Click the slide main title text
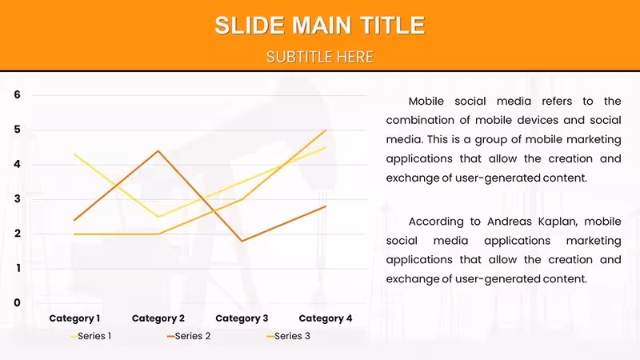coord(320,26)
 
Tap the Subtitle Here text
coord(320,57)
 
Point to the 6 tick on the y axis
coord(17,94)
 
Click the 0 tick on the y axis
coord(17,303)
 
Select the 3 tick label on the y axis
coord(17,198)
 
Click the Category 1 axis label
coord(74,318)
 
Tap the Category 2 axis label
coord(158,318)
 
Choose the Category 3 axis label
coord(242,318)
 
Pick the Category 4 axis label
coord(326,318)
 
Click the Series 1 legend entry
coord(90,336)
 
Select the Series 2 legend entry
coord(189,336)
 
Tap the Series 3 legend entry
coord(288,336)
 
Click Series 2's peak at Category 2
coord(158,150)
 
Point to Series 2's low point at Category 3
coord(242,241)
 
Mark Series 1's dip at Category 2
coord(158,217)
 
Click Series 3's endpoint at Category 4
coord(326,130)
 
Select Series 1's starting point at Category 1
coord(74,154)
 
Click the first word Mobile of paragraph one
coord(426,102)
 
